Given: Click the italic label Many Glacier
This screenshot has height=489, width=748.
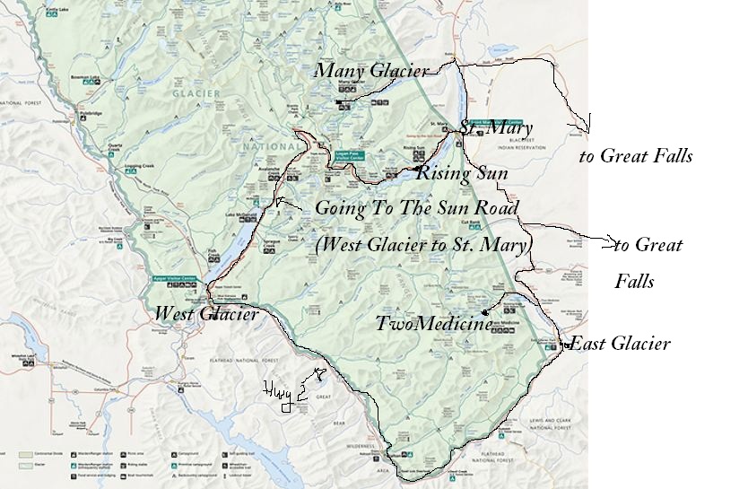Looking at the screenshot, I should [x=370, y=70].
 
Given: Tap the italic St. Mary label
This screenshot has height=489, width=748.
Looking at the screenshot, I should [x=496, y=127].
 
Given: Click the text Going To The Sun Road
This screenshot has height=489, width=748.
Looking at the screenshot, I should [x=417, y=208].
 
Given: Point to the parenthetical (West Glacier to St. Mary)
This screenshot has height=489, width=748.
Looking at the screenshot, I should [x=424, y=243].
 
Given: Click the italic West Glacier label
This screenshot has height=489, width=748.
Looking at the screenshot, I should [x=206, y=314].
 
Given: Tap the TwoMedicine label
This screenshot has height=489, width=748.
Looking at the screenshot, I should [x=434, y=324].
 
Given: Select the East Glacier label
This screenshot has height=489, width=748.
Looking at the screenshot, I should [x=620, y=344].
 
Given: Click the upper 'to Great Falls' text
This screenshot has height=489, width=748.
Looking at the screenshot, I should [x=636, y=156].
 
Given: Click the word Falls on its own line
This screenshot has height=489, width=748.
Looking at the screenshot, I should [x=634, y=282].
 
